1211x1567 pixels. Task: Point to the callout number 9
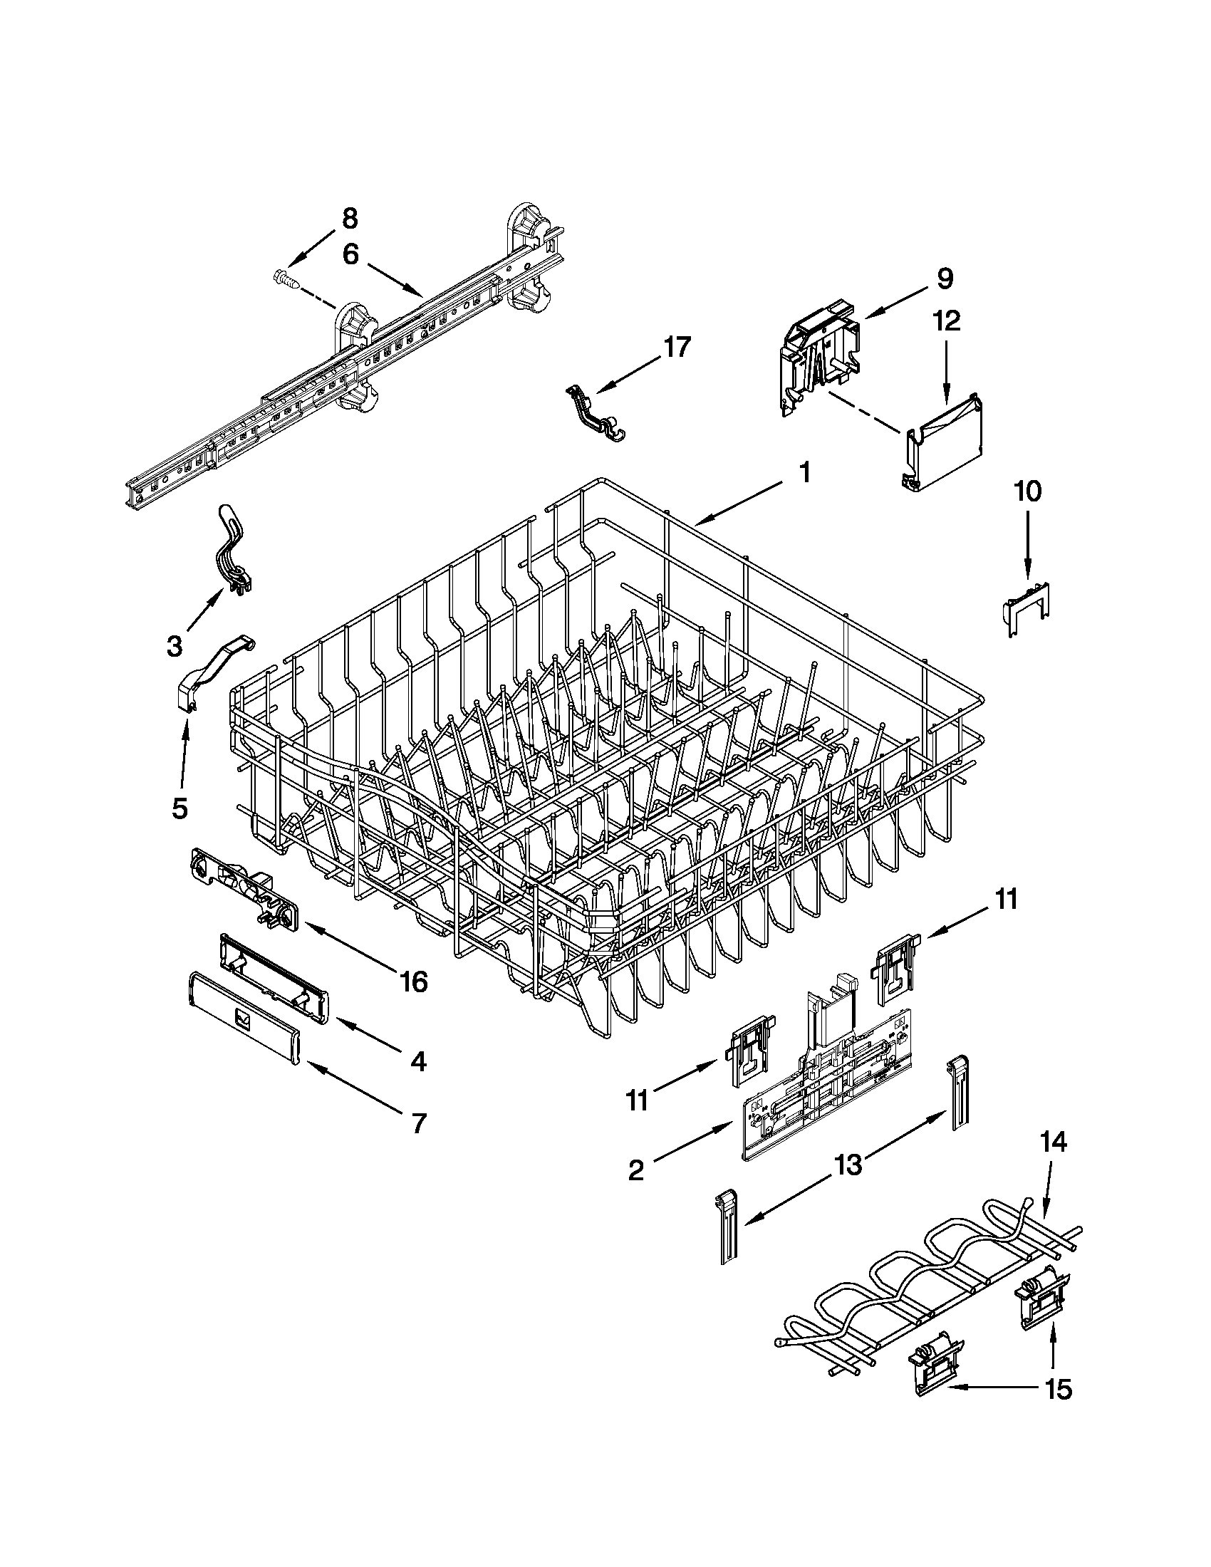point(945,278)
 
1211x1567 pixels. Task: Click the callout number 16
point(415,981)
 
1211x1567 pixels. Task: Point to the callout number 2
point(635,1170)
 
